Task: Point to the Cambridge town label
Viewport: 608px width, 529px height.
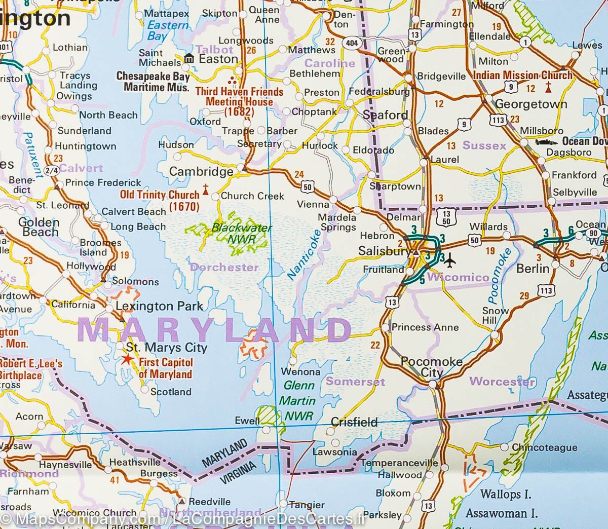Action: pyautogui.click(x=201, y=172)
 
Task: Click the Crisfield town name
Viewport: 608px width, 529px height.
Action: pyautogui.click(x=354, y=422)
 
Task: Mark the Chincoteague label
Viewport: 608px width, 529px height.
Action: pyautogui.click(x=545, y=447)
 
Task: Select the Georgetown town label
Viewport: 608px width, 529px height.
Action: pyautogui.click(x=531, y=104)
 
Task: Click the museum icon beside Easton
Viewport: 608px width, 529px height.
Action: pyautogui.click(x=189, y=59)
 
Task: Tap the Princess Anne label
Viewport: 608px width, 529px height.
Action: pyautogui.click(x=425, y=327)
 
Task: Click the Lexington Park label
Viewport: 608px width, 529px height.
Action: pyautogui.click(x=160, y=306)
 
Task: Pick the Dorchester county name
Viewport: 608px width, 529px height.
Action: pyautogui.click(x=224, y=267)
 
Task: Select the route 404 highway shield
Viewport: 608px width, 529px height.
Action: pyautogui.click(x=351, y=43)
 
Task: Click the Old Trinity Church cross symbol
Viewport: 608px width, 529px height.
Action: pyautogui.click(x=206, y=190)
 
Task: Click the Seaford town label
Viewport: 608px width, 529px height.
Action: pyautogui.click(x=386, y=115)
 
